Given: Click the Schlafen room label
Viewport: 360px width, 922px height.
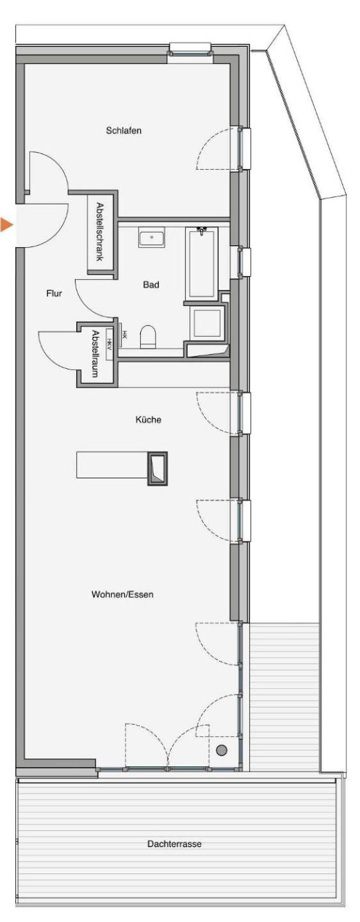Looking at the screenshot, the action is [x=124, y=131].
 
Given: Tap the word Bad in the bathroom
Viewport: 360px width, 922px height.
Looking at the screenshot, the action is [x=151, y=284].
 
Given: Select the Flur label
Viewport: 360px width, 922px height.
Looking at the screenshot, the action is [x=54, y=293].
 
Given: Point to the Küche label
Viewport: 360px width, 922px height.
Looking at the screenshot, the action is [x=148, y=419].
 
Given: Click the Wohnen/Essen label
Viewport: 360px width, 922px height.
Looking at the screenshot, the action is [x=122, y=594].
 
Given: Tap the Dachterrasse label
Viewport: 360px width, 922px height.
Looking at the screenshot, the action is [x=175, y=844].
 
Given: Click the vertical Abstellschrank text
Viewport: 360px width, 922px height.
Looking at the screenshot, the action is [x=99, y=232].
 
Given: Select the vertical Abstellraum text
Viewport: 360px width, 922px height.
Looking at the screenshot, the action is [x=95, y=354].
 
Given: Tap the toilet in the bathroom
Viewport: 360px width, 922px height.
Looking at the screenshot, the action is [x=148, y=337].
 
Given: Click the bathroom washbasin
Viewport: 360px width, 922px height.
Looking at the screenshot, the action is [x=152, y=238].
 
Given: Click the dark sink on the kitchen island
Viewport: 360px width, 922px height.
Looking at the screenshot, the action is [x=158, y=468].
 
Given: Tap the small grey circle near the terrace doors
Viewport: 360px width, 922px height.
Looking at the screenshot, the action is [x=222, y=750].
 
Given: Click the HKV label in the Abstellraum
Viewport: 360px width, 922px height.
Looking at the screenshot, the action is [x=110, y=344].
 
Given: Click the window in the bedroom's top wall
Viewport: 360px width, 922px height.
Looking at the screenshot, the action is [x=191, y=49].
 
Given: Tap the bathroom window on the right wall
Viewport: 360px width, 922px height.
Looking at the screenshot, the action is [x=245, y=262].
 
